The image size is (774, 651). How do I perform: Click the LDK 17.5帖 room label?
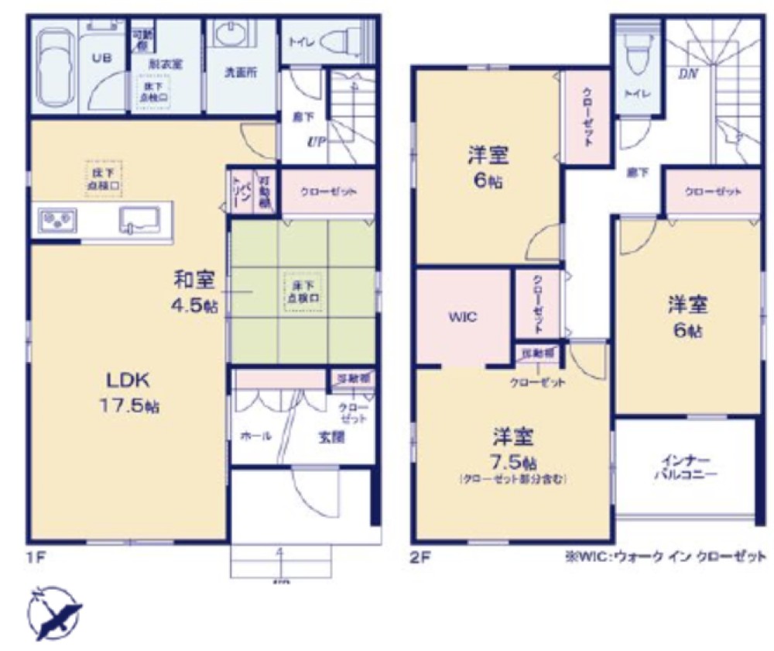coord(128,391)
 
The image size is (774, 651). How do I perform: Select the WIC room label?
coord(464,317)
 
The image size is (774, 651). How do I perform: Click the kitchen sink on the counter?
coord(140,219)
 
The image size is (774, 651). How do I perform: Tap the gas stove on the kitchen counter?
coord(55,220)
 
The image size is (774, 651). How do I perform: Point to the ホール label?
coord(255,436)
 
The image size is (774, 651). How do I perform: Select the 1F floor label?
coord(32,556)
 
